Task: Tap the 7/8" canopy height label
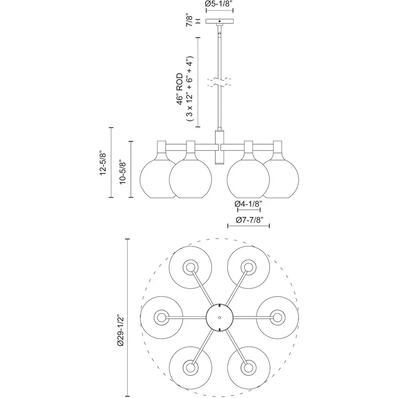pos(190,20)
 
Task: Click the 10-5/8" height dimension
pos(123,171)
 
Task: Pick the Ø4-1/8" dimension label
pos(249,203)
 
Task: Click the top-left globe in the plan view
pos(190,267)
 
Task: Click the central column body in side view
pos(220,148)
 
